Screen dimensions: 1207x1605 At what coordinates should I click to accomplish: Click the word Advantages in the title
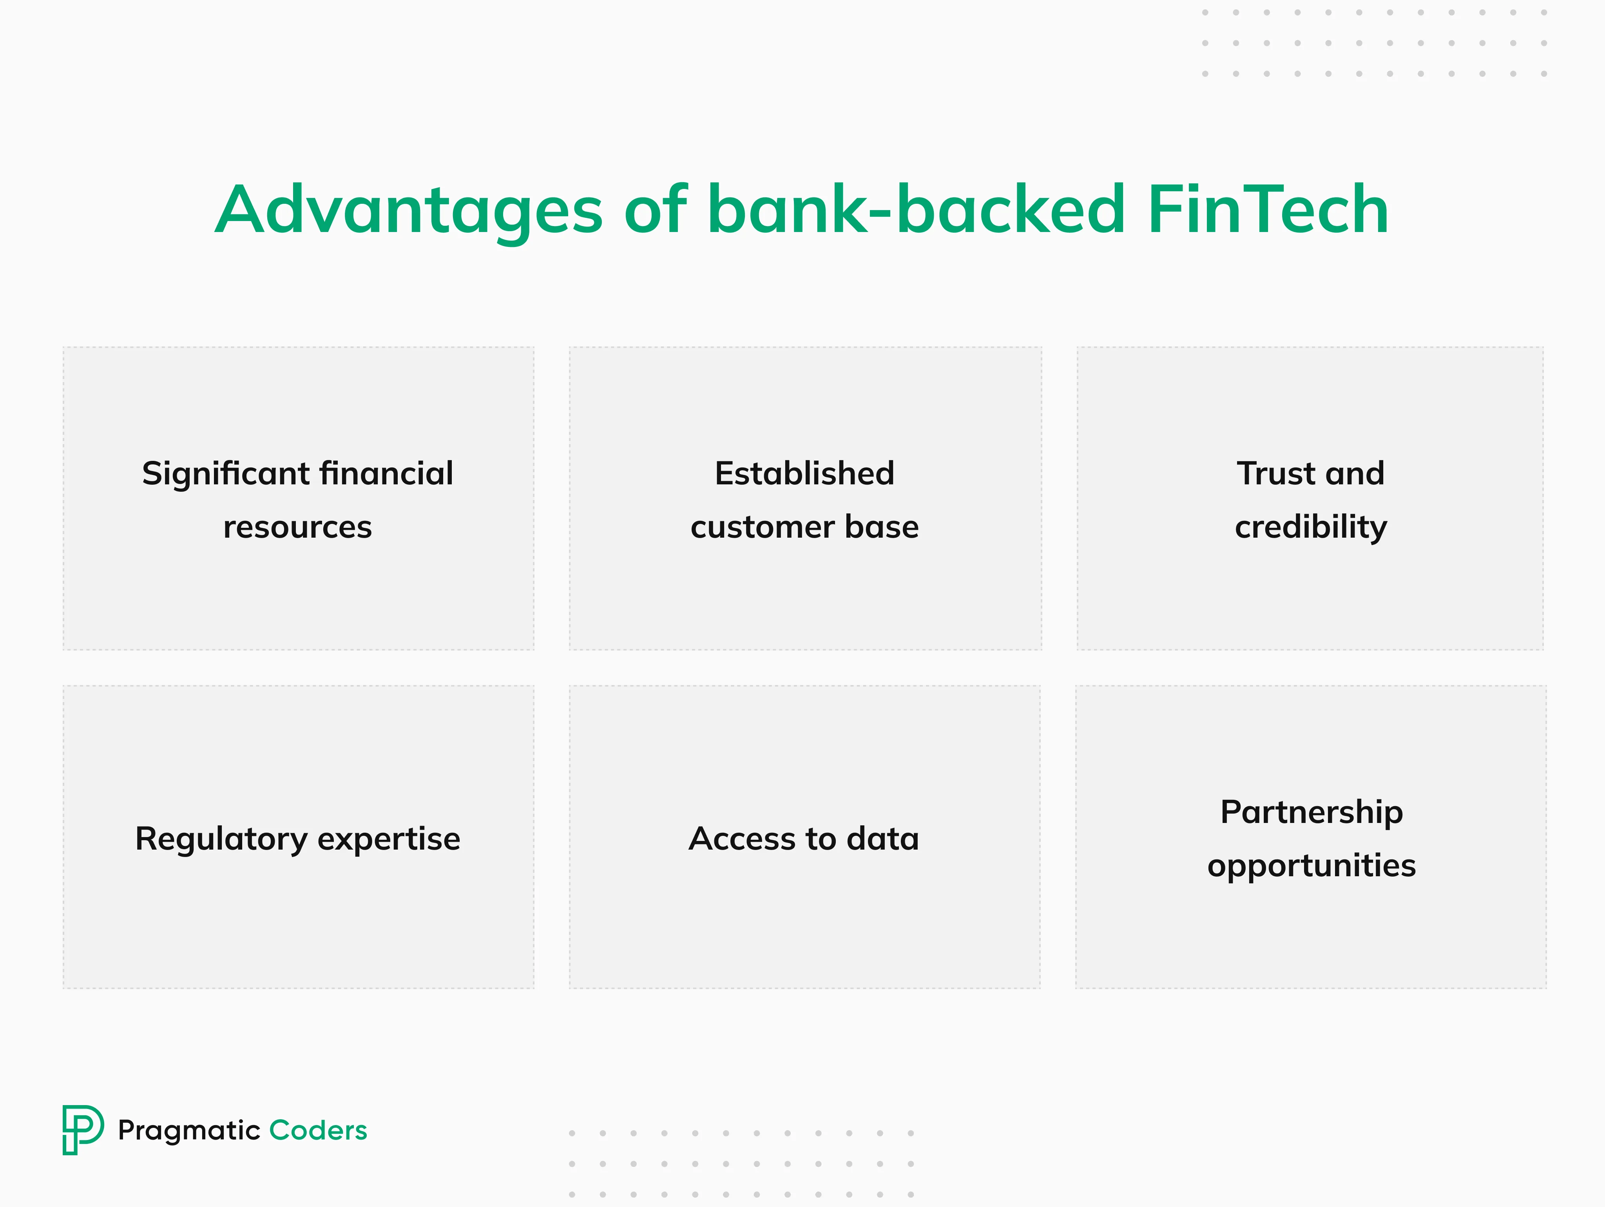tap(409, 210)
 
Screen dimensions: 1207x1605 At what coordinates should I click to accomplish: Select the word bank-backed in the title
tap(916, 210)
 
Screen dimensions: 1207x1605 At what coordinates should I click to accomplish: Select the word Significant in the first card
tap(226, 474)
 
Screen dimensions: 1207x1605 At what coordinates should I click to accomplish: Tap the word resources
tap(297, 527)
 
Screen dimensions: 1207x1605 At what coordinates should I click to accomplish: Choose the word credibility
tap(1310, 527)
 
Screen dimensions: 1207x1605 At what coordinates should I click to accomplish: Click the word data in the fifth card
tap(883, 839)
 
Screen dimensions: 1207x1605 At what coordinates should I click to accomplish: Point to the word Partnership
tap(1311, 812)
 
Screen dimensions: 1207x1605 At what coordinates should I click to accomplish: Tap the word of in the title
tap(654, 210)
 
